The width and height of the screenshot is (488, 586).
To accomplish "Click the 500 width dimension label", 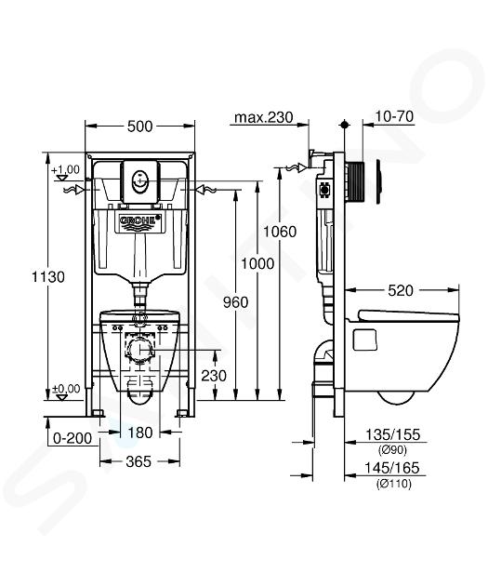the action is pos(139,127).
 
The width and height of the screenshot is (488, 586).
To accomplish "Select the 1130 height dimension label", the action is pos(47,277).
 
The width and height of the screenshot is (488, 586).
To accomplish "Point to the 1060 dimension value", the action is pos(280,232).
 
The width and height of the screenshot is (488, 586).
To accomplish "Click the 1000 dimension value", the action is pos(257,264).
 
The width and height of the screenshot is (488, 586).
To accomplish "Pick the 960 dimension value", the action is pos(235,302).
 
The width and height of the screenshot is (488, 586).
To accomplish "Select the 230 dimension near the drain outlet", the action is pos(214,375).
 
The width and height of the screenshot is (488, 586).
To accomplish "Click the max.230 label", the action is pos(264,117).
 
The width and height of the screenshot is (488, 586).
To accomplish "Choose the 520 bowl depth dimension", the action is pos(401,290).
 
